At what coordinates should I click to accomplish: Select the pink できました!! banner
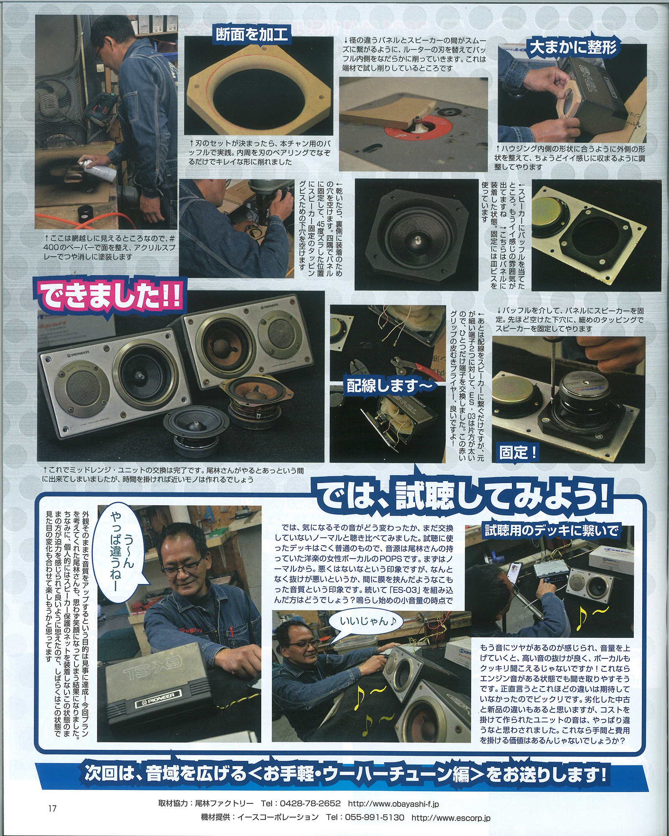click(110, 296)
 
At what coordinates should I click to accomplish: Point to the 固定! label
click(518, 452)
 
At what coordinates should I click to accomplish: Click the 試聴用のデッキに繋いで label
click(552, 530)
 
